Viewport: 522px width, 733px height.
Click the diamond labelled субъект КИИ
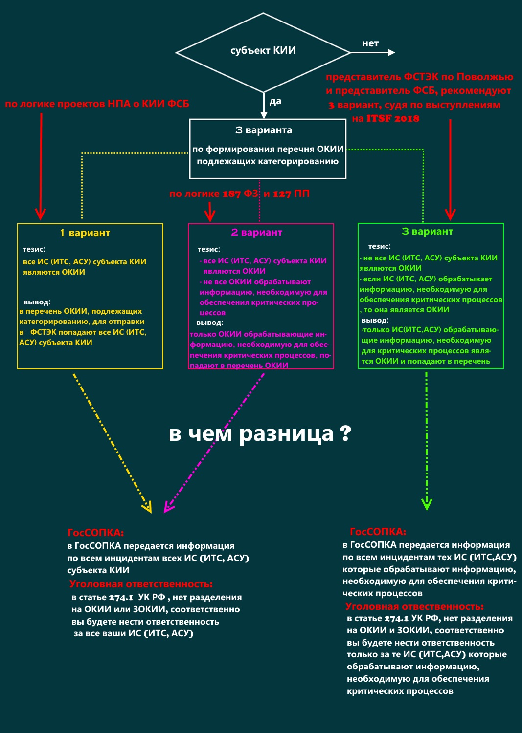tap(263, 51)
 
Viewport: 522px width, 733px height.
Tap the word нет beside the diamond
tap(370, 43)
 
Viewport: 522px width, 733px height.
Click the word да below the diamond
tap(275, 102)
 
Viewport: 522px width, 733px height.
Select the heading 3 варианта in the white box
tap(264, 130)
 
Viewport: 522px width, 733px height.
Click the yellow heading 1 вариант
tap(85, 233)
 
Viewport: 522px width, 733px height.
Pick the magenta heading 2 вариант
tap(257, 232)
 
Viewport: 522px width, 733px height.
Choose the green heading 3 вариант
tap(427, 232)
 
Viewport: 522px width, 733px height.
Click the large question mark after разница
tap(346, 433)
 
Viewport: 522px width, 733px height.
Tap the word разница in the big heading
tap(286, 434)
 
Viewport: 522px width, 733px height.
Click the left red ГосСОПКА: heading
tap(96, 533)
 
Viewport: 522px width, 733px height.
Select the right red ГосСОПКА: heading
tap(378, 532)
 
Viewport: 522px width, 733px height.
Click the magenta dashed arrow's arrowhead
tap(168, 507)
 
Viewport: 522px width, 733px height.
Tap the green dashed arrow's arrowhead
tap(427, 504)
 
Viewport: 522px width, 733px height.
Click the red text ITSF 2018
tap(393, 119)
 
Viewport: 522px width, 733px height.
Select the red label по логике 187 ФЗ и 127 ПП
tap(239, 194)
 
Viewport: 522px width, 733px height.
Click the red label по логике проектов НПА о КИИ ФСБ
tap(97, 104)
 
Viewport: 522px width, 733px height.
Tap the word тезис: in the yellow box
tap(34, 249)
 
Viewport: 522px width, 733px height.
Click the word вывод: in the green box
tap(375, 320)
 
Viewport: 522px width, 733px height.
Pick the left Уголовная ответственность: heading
tap(141, 584)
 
